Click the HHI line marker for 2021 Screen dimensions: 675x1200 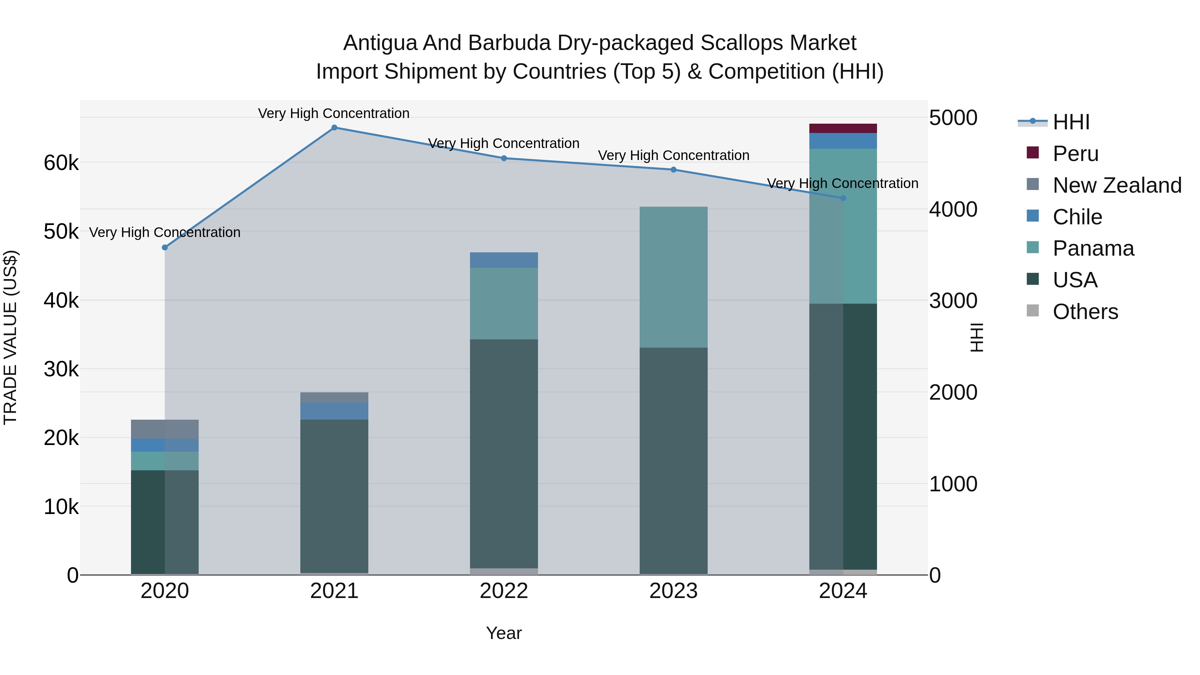[334, 128]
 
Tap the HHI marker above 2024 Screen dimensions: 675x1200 [843, 198]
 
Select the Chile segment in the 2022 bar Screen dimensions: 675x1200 [504, 260]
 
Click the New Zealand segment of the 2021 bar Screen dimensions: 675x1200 [334, 397]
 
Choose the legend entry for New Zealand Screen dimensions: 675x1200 [1117, 185]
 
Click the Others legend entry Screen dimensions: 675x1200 [1085, 312]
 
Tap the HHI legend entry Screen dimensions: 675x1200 [1070, 122]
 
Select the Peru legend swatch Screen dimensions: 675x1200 [1033, 153]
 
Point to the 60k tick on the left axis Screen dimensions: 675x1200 [61, 163]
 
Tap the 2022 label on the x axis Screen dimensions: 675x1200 [504, 591]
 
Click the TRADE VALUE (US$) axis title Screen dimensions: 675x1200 [10, 337]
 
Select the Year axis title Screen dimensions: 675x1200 [504, 633]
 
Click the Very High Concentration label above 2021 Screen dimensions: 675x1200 [334, 113]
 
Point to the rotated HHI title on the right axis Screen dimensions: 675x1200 [976, 337]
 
